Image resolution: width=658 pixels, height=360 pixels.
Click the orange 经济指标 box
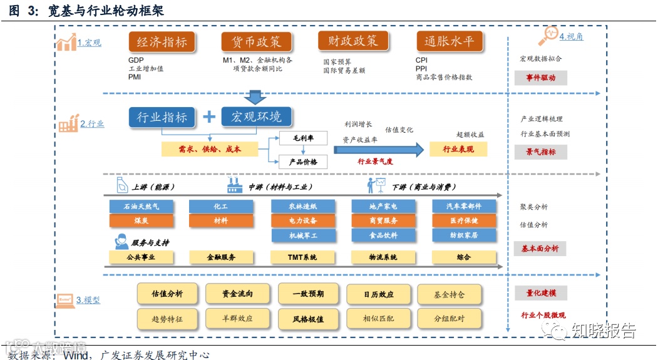(162, 42)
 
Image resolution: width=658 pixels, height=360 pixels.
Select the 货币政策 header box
(252, 42)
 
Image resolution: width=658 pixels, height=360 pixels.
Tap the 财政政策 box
(348, 41)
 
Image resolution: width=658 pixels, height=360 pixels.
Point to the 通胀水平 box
(450, 42)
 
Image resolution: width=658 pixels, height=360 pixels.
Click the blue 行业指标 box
(162, 116)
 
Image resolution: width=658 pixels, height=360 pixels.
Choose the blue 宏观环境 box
(257, 116)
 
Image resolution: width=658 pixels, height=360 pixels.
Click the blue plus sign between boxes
(209, 116)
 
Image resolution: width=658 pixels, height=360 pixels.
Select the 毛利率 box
(303, 138)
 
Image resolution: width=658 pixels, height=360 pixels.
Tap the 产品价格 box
(303, 162)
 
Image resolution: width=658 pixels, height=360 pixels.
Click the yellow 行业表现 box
(458, 150)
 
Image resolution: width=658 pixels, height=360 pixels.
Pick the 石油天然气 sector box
(133, 206)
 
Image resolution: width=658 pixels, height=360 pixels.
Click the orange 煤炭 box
(133, 220)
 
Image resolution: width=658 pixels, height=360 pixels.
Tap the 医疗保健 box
(464, 220)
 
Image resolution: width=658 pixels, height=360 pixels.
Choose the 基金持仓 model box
(449, 294)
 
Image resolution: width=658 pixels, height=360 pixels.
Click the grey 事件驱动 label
(540, 78)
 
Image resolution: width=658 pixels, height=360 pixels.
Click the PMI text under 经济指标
(135, 78)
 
